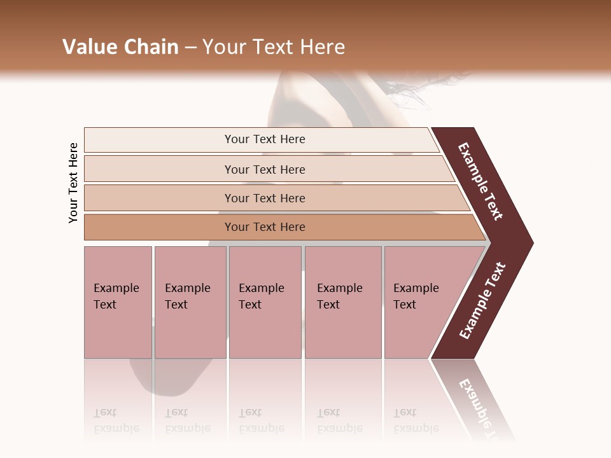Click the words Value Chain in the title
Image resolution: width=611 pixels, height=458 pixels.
point(120,47)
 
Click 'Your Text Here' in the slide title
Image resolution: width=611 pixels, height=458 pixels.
point(274,47)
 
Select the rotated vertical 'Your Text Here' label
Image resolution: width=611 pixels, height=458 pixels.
point(73,183)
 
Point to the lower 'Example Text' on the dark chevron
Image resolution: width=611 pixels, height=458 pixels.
point(482,301)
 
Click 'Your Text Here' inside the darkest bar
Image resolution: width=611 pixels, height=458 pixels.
point(265,227)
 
